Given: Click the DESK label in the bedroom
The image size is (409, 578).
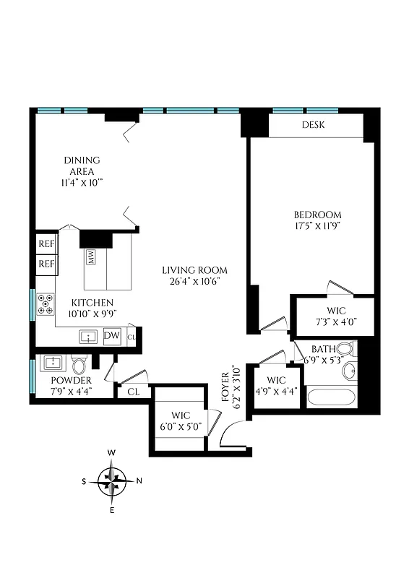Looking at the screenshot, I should coord(313,125).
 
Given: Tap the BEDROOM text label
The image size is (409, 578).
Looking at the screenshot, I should coord(317,215).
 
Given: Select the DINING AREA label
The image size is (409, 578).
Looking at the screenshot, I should coord(82,165).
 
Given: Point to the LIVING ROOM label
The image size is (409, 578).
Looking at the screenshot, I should coord(190,270).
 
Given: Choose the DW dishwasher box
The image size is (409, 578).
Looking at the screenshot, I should coord(111,335).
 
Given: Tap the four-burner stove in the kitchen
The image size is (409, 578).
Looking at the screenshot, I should coord(45,303).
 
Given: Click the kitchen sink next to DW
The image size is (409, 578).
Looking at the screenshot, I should coord(89,336).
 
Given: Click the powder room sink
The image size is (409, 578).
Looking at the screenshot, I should coord(52,362).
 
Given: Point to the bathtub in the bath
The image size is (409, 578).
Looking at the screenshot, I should coord(331,398).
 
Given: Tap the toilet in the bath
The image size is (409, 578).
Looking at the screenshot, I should coord(345,350).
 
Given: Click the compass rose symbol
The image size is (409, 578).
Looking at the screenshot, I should coord(112,480).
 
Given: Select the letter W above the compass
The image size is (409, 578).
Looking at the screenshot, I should coord(112,452).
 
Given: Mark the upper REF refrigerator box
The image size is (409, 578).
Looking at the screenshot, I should coord(47,244).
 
